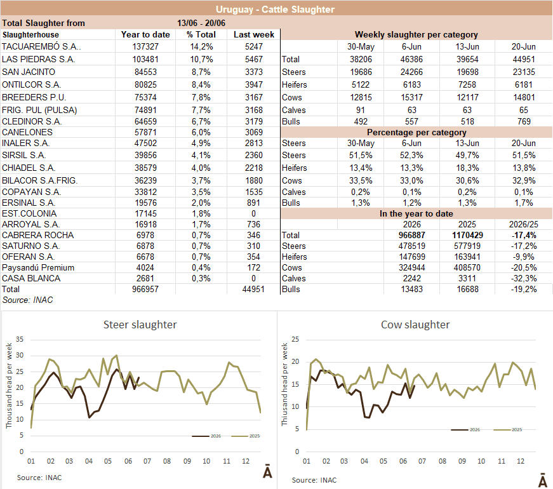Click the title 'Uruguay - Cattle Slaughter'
(275, 9)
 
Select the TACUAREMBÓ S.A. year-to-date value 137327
(145, 46)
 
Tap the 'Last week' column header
(253, 34)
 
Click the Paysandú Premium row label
(38, 268)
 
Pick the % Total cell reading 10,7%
(201, 59)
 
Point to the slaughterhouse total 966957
(145, 290)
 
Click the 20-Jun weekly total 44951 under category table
(523, 59)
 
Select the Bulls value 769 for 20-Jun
(524, 122)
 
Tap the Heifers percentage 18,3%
(467, 168)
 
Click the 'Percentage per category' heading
(416, 132)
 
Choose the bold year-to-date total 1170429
(467, 236)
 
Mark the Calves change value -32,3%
(524, 278)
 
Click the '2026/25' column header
(523, 224)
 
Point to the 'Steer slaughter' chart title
(140, 325)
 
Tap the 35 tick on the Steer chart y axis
(20, 339)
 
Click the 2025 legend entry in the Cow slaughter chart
(507, 430)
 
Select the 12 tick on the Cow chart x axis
(521, 461)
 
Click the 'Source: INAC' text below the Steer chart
(39, 478)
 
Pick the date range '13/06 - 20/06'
(201, 23)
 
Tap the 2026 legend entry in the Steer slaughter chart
(206, 436)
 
